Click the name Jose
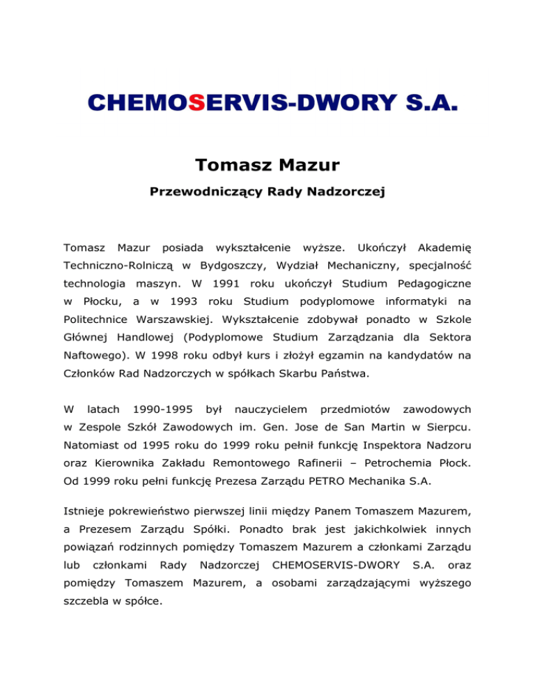300,429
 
